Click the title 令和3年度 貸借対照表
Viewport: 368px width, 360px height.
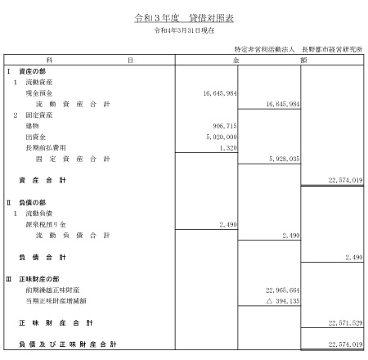(x=184, y=18)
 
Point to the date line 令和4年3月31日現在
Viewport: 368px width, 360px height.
(x=184, y=30)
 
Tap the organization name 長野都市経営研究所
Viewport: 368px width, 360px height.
(x=332, y=49)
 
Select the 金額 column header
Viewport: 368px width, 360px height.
(x=270, y=60)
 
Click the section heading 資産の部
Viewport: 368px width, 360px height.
(x=32, y=71)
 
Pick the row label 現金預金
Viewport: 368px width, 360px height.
(x=39, y=93)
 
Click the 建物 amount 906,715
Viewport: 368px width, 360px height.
(x=225, y=126)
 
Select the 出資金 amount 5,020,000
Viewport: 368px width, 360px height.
(x=222, y=137)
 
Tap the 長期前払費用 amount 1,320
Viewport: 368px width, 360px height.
(x=228, y=148)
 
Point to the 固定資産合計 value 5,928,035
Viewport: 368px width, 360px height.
(x=285, y=159)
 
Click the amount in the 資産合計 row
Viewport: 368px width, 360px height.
(x=345, y=180)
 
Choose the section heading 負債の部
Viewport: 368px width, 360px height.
(x=32, y=203)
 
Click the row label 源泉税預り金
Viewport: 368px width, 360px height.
(x=46, y=224)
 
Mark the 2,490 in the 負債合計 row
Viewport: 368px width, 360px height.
(x=354, y=257)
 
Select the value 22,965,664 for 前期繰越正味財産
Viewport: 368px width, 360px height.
(x=283, y=290)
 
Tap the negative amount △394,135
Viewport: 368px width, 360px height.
(x=283, y=301)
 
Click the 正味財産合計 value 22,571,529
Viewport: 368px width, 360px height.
(x=345, y=323)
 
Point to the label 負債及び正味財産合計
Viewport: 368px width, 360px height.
(x=68, y=344)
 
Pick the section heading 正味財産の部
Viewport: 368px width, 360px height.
(x=39, y=279)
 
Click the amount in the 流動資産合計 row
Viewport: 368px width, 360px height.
(x=283, y=104)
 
